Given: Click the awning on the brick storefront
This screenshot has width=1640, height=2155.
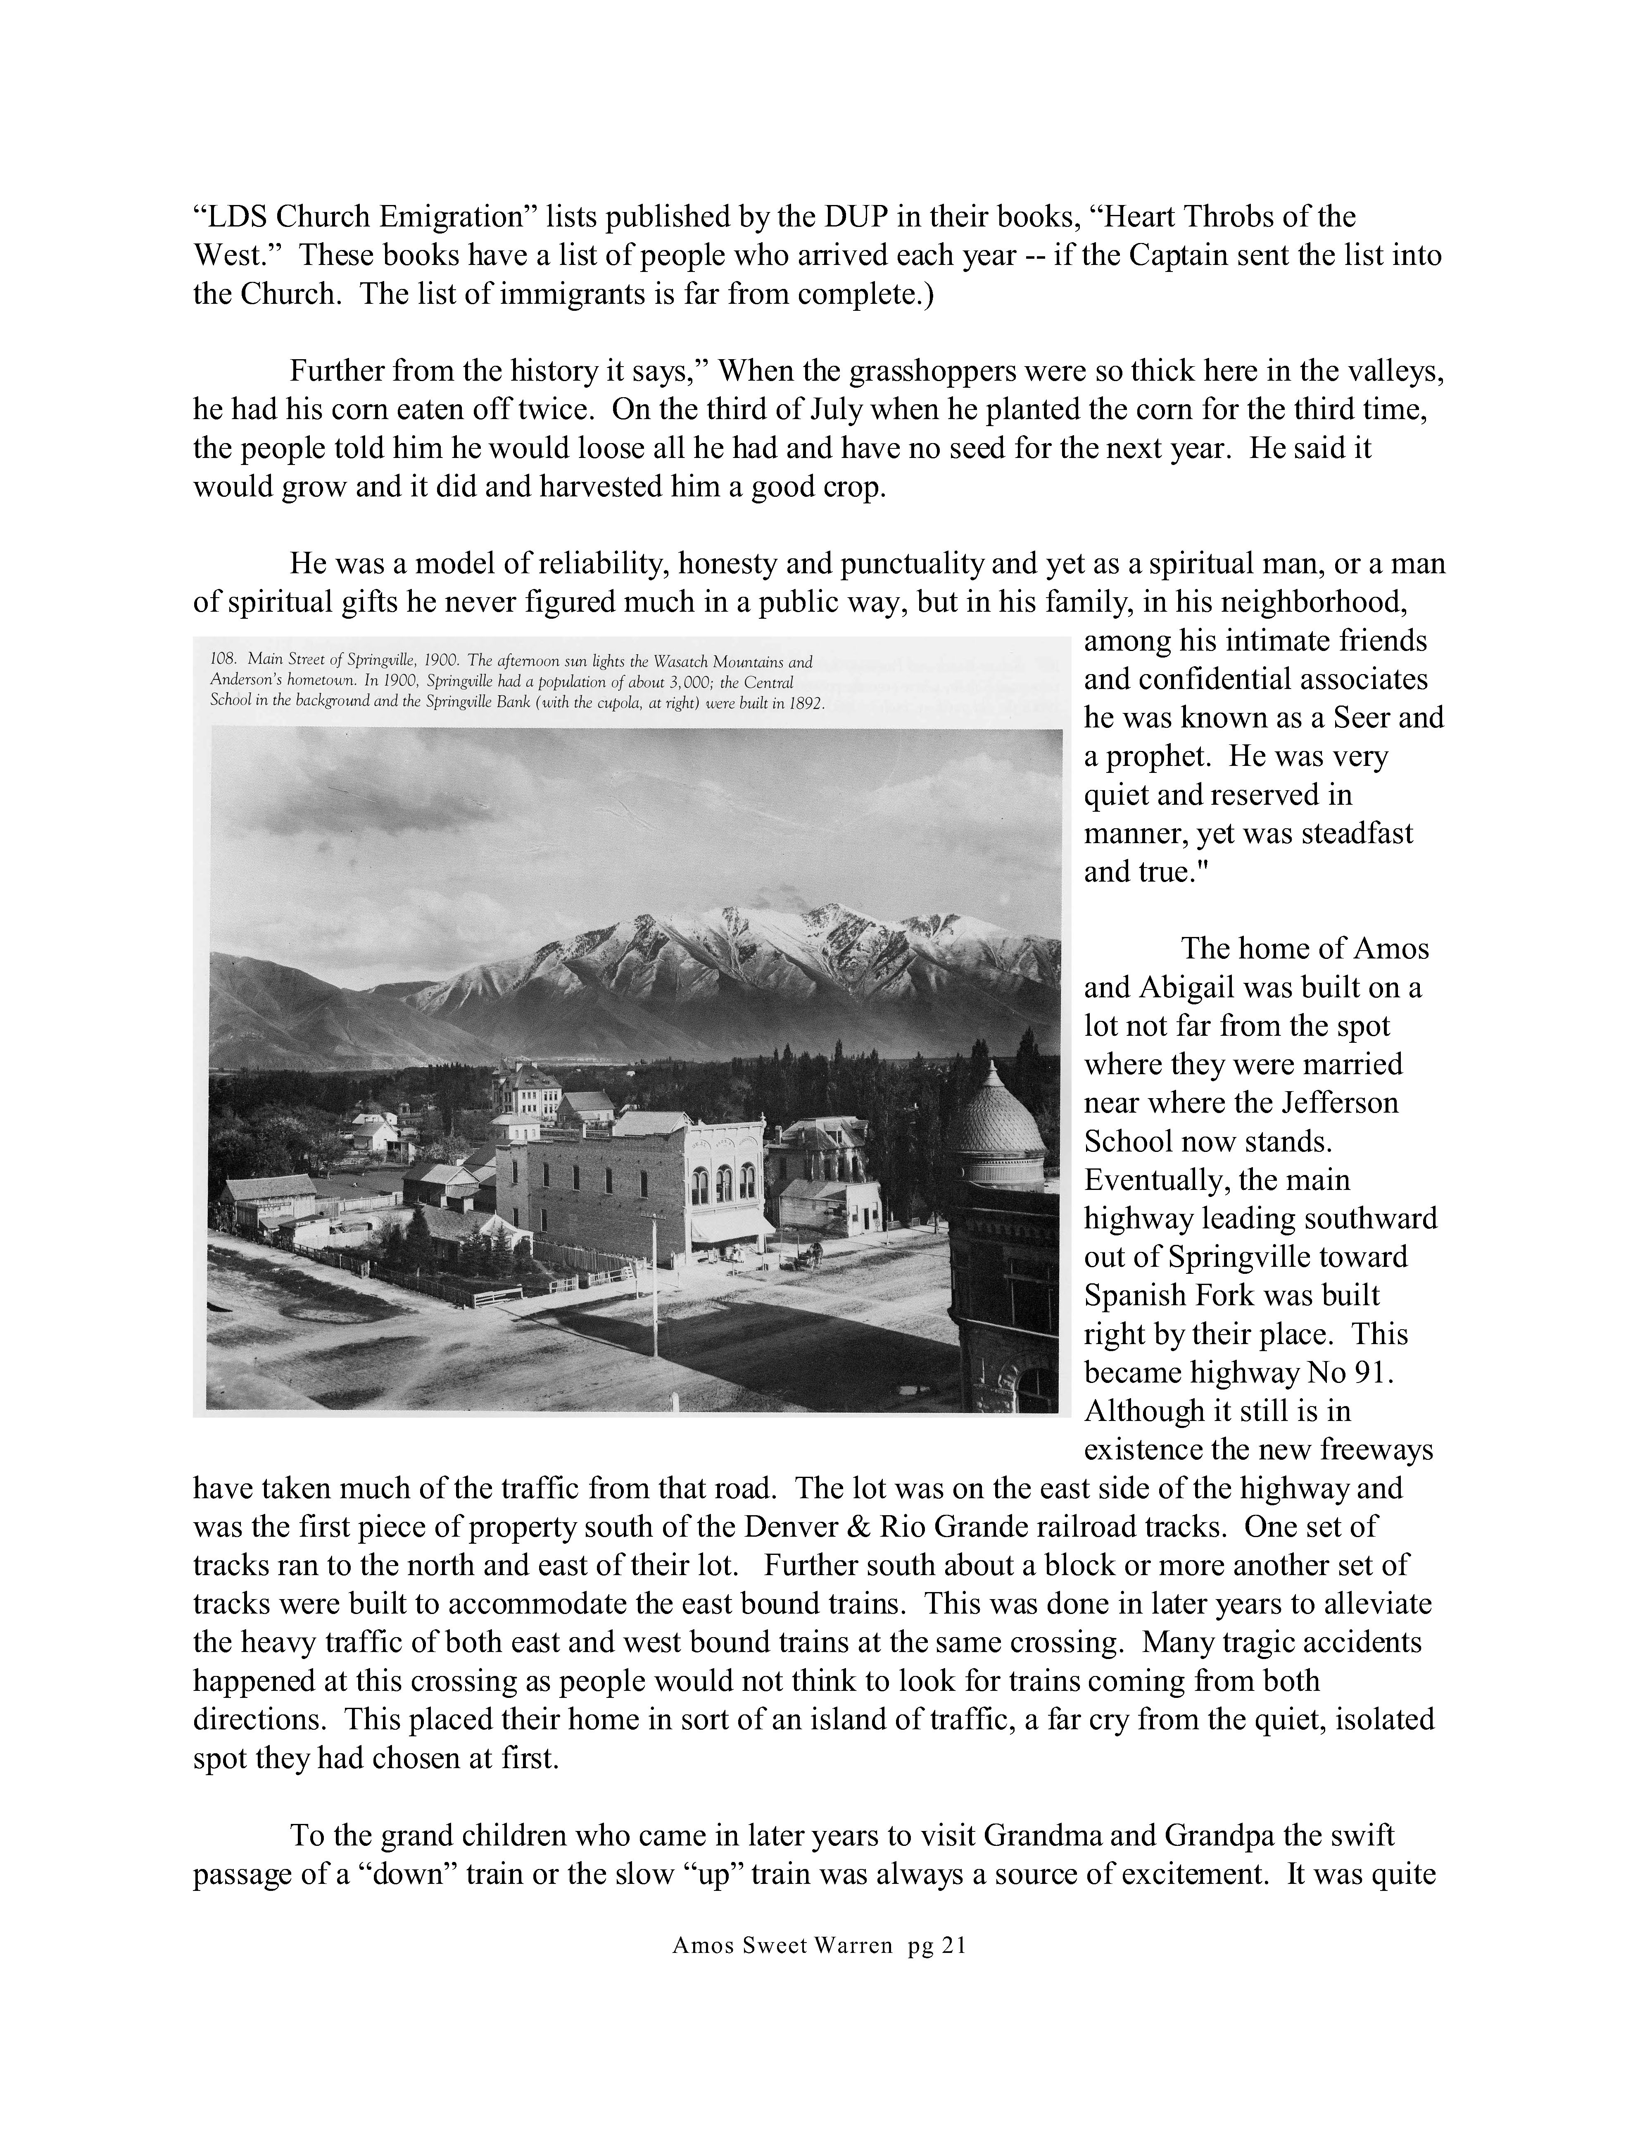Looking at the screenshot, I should (x=731, y=1226).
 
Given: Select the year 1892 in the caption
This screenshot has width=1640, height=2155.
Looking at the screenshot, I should (x=804, y=703).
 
